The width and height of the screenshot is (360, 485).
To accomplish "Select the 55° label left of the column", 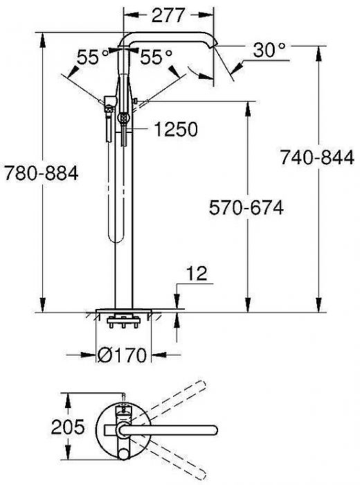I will click(x=93, y=58).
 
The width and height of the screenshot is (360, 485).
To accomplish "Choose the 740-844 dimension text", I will click(x=318, y=158).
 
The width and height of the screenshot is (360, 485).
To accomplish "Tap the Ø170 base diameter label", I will click(x=123, y=356).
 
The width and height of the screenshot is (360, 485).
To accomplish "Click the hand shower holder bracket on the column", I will click(x=109, y=104).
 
